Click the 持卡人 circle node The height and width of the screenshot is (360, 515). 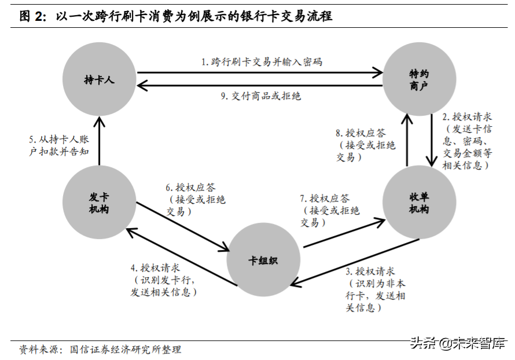[100, 79]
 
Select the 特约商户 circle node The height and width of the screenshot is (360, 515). [418, 79]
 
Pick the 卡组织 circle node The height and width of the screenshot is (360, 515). [263, 260]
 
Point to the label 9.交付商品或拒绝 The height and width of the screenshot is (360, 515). [260, 96]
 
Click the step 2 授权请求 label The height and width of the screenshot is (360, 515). [468, 140]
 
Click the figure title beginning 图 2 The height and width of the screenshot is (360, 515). [176, 16]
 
